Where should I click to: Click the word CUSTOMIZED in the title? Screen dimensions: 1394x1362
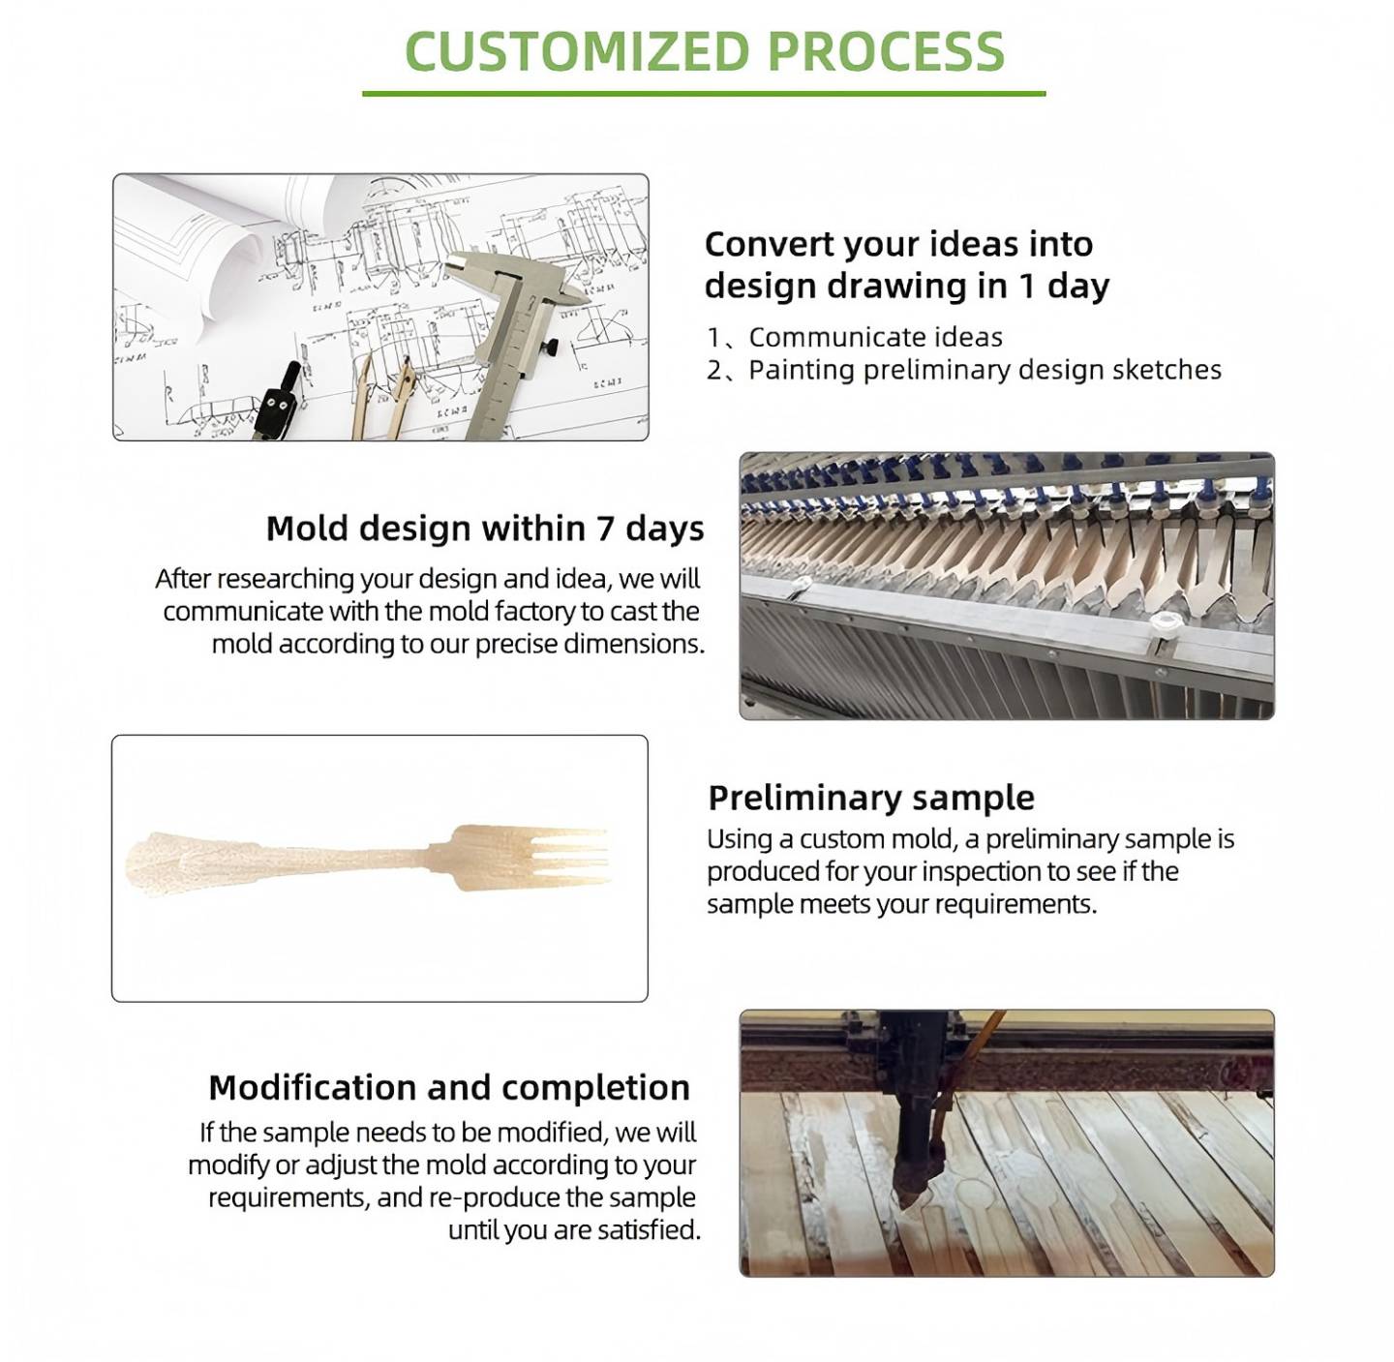click(x=577, y=51)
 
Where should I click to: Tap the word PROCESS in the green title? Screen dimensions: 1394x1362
click(x=886, y=51)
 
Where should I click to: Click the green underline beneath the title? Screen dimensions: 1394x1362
click(x=704, y=93)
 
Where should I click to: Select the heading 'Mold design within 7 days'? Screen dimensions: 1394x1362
click(x=485, y=529)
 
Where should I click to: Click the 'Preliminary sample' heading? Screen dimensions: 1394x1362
click(x=871, y=798)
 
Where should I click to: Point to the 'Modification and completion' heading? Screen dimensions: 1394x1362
click(x=449, y=1088)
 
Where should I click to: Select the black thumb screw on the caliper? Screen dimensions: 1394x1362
click(x=551, y=348)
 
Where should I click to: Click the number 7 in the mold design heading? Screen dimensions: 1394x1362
click(x=606, y=529)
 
